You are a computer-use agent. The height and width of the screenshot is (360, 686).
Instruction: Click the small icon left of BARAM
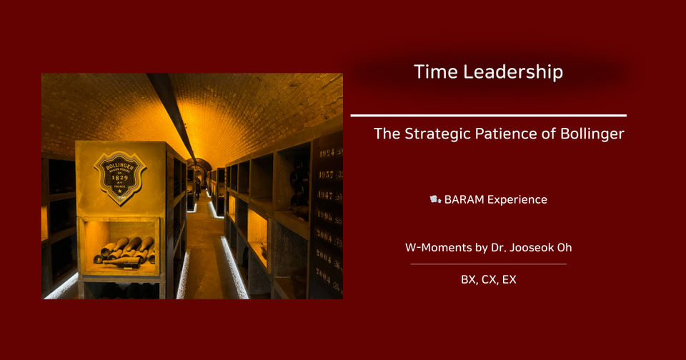(x=434, y=200)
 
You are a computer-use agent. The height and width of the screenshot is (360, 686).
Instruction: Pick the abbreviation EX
(x=508, y=280)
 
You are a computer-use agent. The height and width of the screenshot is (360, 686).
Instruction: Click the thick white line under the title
(x=489, y=115)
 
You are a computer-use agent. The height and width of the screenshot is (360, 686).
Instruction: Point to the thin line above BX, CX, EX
(x=489, y=264)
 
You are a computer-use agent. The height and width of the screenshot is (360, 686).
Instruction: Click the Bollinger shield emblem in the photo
(x=120, y=176)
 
